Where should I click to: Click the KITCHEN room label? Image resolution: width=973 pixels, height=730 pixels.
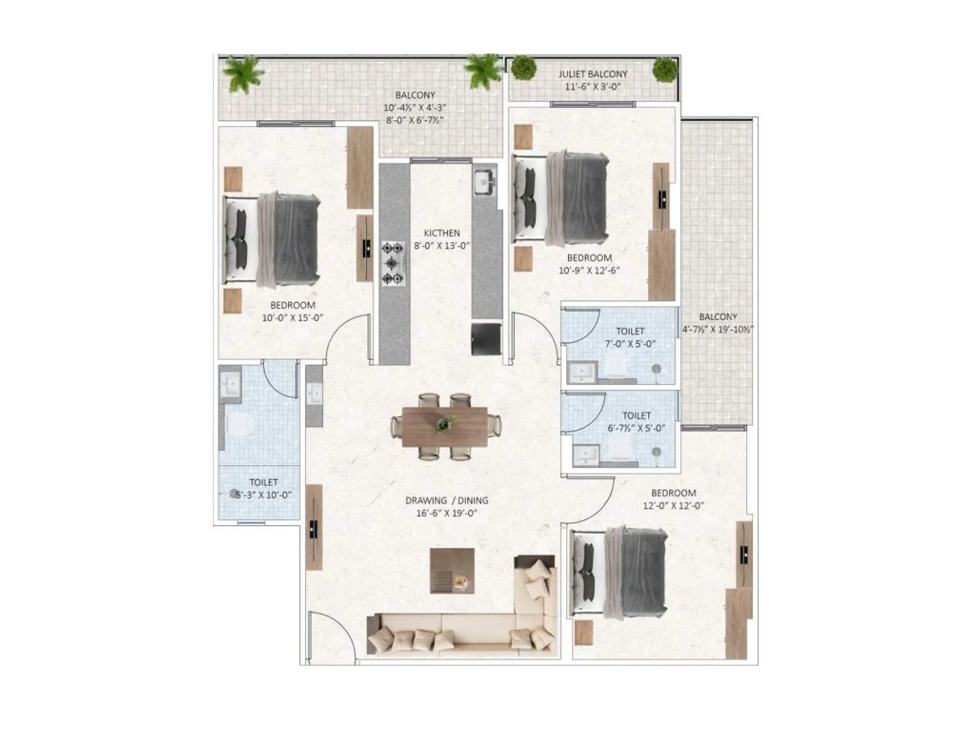441,233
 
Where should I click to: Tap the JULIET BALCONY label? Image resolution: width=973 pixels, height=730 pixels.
593,74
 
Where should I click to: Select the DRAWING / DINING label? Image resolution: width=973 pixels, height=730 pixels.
446,501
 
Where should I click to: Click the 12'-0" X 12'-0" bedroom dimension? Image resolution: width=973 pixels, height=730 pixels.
673,506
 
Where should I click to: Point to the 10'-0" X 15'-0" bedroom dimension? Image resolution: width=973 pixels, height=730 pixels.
293,318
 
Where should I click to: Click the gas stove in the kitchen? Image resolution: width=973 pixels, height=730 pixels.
393,263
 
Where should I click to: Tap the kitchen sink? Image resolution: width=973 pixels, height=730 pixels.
485,181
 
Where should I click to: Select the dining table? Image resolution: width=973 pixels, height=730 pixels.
445,426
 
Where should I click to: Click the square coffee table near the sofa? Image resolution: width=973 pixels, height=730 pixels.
452,571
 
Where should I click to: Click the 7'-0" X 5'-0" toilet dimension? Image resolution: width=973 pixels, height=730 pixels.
630,344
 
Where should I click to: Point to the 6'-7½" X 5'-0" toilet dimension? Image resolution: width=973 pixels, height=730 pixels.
636,428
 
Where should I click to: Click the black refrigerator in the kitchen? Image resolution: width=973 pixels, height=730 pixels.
486,339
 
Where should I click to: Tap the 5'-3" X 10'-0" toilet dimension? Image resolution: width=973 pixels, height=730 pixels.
264,495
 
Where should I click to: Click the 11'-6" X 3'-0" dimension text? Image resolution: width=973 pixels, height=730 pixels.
593,86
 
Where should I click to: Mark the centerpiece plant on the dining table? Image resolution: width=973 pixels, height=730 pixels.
445,424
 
